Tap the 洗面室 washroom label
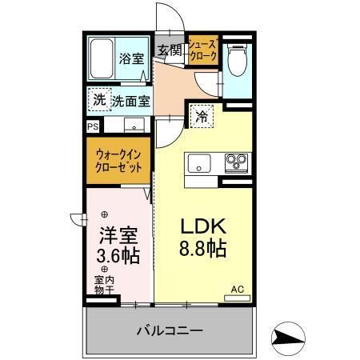tap(130, 102)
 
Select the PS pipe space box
tap(93, 126)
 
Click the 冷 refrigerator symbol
tap(201, 116)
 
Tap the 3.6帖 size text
tap(118, 256)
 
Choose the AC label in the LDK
tap(237, 289)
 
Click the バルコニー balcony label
tap(169, 329)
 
